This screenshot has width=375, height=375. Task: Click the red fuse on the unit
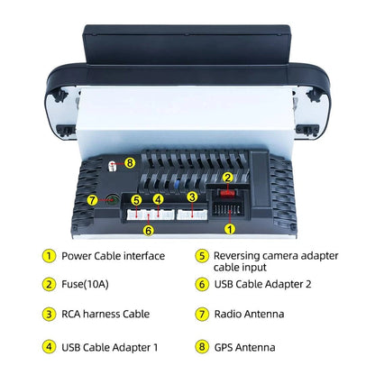[227, 193]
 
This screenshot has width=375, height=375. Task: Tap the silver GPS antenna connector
[112, 166]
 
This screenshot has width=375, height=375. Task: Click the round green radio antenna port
[113, 200]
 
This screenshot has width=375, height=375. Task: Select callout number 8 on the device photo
[130, 163]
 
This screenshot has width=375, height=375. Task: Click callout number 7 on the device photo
[93, 200]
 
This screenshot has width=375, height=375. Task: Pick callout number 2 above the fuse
[228, 178]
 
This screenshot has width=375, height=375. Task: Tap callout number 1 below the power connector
[230, 230]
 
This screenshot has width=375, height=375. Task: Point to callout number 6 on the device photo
[149, 231]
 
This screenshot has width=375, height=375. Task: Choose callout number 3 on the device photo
[192, 197]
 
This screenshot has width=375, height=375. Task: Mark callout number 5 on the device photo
[137, 200]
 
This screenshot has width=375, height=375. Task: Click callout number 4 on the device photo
[158, 199]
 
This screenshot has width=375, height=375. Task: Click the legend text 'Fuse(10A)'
[85, 284]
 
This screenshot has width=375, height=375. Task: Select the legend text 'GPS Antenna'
[244, 348]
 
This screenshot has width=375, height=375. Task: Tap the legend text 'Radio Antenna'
[249, 315]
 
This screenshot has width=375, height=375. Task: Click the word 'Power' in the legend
[77, 256]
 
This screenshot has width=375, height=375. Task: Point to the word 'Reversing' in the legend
[237, 256]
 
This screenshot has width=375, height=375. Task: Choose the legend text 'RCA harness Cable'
[105, 315]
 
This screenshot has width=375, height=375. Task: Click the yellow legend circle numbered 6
[202, 284]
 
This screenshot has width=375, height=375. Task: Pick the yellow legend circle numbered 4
[49, 347]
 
